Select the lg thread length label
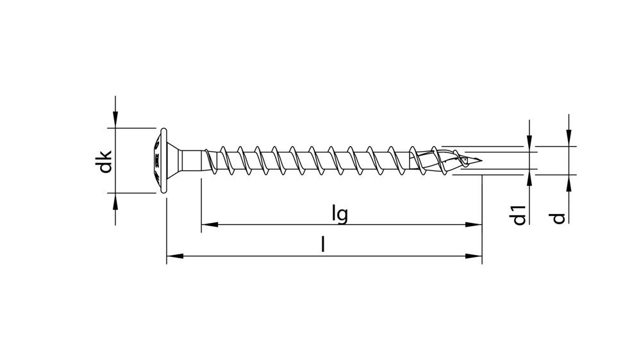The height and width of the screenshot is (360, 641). tap(340, 213)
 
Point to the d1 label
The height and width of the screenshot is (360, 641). tap(519, 214)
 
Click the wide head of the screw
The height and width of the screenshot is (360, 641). tap(163, 160)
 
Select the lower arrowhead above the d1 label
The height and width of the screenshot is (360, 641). tap(529, 177)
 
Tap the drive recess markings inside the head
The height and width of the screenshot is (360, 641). tap(156, 160)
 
